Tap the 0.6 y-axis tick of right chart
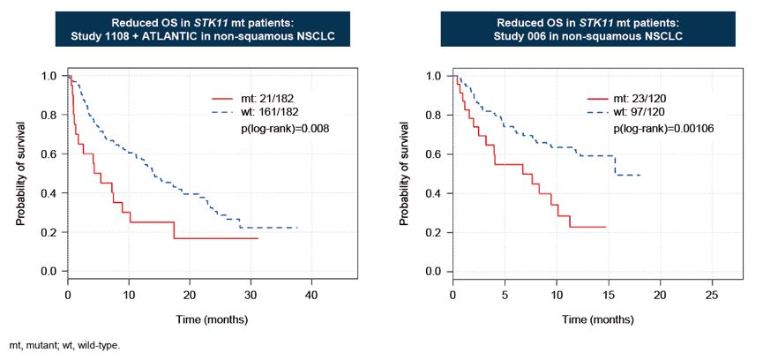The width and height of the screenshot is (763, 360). point(433,154)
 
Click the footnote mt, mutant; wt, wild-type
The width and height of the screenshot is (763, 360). point(64,346)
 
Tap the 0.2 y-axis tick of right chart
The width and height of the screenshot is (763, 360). point(433,232)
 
